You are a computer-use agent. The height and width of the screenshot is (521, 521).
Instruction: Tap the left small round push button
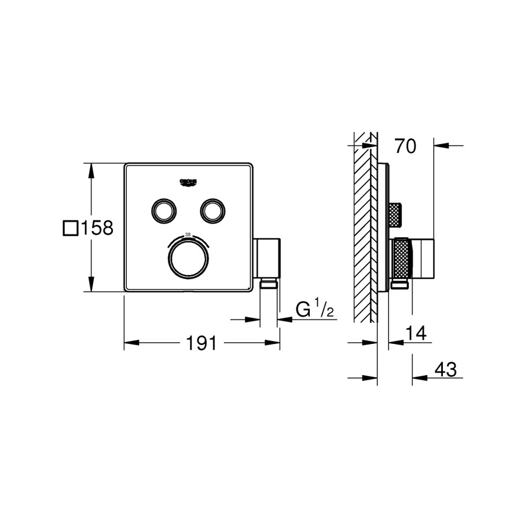[x=163, y=210]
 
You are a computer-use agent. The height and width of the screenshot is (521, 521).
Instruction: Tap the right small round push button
[x=212, y=210]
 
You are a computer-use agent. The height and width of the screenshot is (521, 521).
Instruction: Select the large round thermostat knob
[x=187, y=258]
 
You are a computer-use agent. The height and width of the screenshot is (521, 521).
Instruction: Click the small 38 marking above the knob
[x=187, y=234]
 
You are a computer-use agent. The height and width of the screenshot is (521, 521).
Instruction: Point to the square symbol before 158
[x=70, y=229]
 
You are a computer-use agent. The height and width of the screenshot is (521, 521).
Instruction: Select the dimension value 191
[x=201, y=343]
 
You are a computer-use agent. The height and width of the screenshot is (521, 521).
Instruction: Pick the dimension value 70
[x=405, y=147]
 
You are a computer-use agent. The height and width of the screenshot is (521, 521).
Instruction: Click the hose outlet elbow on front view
[x=267, y=258]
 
